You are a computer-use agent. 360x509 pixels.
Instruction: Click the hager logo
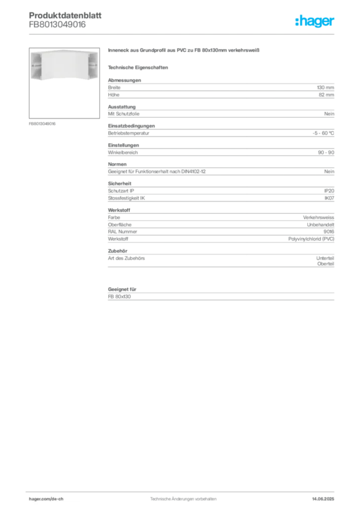(315, 21)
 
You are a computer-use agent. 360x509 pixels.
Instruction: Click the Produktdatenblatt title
(65, 15)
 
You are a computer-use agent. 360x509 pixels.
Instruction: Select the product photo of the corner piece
(64, 83)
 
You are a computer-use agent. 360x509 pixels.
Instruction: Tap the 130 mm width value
(325, 87)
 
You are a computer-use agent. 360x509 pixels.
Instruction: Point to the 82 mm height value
(326, 95)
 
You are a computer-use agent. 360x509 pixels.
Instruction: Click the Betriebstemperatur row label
(129, 133)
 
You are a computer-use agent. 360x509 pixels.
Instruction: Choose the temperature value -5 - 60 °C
(323, 133)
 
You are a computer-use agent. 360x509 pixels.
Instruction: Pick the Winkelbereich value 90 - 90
(326, 153)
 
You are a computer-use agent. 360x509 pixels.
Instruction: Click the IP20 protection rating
(329, 191)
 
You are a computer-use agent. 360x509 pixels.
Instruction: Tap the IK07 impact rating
(329, 198)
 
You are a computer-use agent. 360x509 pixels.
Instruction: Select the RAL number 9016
(329, 232)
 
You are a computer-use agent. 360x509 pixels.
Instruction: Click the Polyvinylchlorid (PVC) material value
(311, 239)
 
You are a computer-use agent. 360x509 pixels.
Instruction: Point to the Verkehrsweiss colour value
(318, 218)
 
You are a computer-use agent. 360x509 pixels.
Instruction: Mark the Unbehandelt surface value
(320, 225)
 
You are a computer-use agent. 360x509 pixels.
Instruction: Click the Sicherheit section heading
(119, 183)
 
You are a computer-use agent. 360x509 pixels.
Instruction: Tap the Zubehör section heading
(117, 251)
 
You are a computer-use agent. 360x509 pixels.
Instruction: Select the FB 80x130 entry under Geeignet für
(119, 297)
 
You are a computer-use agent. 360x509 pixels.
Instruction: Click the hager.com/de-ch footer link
(46, 499)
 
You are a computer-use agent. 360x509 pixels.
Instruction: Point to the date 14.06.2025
(323, 499)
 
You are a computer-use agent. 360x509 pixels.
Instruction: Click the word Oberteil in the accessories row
(326, 264)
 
